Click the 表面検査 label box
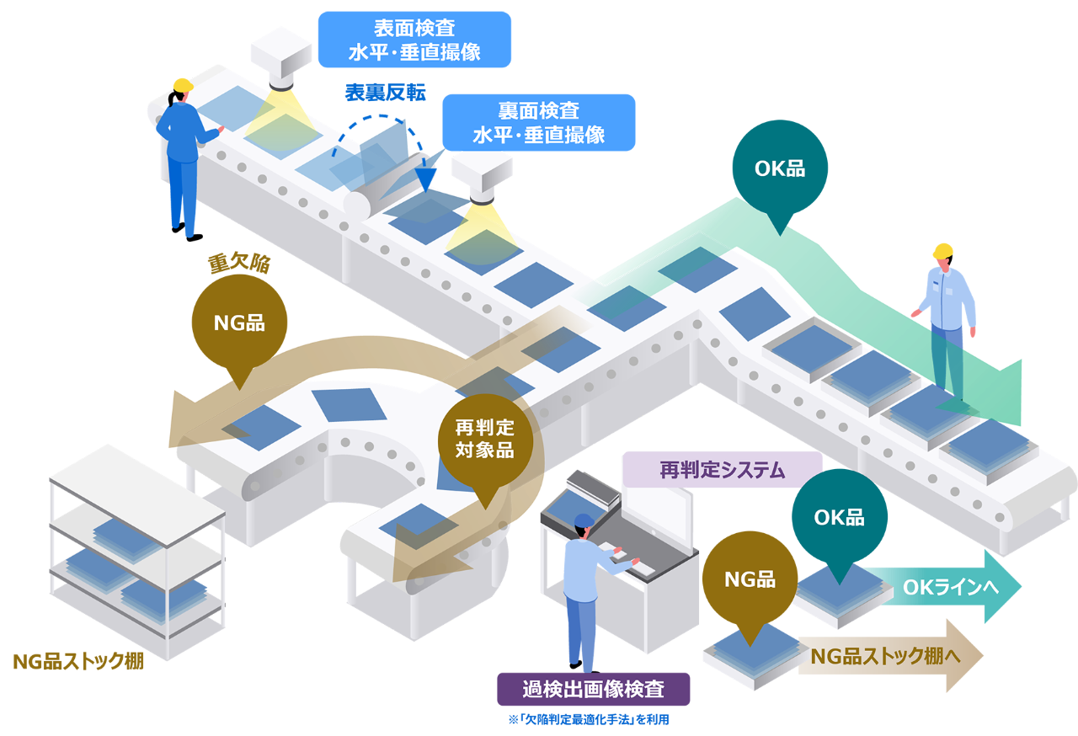click(x=414, y=40)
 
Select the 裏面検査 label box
click(x=538, y=122)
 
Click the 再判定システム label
click(x=722, y=470)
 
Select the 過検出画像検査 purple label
click(x=593, y=690)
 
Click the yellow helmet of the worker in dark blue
click(x=183, y=85)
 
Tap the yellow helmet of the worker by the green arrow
click(x=942, y=251)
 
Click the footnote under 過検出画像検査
click(x=589, y=720)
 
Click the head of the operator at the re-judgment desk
click(x=582, y=525)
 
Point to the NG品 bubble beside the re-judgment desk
click(x=750, y=579)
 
